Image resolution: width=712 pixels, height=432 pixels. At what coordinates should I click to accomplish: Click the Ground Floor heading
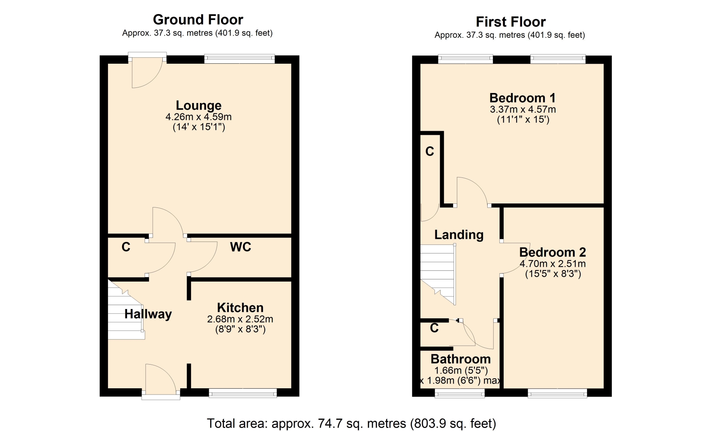[198, 20]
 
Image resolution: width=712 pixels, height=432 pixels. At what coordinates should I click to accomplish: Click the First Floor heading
[511, 22]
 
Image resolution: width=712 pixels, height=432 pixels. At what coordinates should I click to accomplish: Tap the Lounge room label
[198, 106]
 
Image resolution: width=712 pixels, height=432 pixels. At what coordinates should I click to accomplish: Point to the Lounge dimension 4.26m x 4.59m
[198, 117]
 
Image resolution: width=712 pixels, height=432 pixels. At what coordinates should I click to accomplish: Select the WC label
[240, 247]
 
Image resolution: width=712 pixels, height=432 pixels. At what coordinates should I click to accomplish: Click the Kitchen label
[240, 308]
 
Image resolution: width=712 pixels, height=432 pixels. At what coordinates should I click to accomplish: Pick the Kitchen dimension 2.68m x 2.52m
[240, 319]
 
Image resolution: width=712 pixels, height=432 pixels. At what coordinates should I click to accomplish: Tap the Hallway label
[148, 314]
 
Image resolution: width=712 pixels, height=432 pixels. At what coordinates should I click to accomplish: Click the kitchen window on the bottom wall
[243, 393]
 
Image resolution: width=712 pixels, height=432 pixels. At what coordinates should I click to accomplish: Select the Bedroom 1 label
[523, 98]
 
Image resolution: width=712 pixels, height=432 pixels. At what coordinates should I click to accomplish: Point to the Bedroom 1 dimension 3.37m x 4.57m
[523, 109]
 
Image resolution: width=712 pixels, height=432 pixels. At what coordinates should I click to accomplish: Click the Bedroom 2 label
[553, 252]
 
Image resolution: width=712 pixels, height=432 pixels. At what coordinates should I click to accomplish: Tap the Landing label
[459, 235]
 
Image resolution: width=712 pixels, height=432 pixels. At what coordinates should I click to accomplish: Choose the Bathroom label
[461, 359]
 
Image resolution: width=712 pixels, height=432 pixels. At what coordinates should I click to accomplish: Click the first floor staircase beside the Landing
[438, 274]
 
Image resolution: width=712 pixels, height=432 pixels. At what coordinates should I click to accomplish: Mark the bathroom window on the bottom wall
[459, 393]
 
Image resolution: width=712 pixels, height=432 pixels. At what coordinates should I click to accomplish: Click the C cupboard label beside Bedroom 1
[430, 152]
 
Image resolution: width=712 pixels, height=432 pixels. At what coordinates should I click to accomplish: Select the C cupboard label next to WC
[126, 247]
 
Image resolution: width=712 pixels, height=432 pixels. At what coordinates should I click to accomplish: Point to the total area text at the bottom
[351, 423]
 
